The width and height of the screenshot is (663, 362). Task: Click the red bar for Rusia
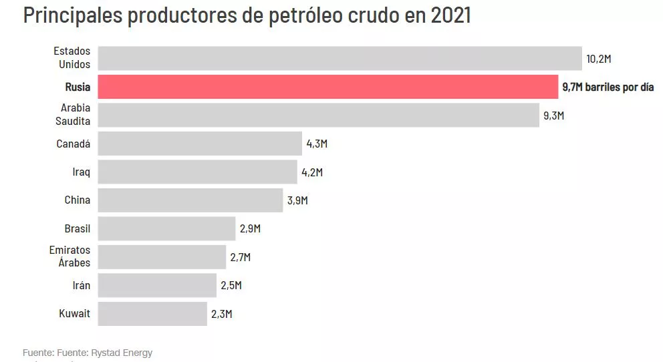click(327, 87)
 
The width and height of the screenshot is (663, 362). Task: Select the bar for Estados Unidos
click(340, 59)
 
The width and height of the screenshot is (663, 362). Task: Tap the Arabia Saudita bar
click(318, 115)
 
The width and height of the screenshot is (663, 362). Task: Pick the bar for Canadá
click(200, 144)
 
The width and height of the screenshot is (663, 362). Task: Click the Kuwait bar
click(152, 313)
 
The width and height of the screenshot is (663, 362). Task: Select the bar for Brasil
click(166, 228)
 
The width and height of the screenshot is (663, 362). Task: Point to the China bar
click(190, 200)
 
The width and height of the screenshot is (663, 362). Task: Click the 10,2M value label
click(599, 59)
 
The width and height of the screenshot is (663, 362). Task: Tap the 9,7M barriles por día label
click(608, 87)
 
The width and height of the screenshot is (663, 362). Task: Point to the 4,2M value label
click(312, 172)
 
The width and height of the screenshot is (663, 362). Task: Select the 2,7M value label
click(241, 257)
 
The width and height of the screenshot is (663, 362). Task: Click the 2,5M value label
click(231, 285)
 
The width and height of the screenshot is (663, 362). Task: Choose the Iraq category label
click(81, 172)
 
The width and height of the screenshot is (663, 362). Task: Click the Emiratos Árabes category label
click(70, 256)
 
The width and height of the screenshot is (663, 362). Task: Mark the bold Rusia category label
click(78, 87)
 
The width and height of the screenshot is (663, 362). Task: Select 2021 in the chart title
click(451, 15)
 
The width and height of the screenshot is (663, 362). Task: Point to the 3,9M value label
click(297, 200)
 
